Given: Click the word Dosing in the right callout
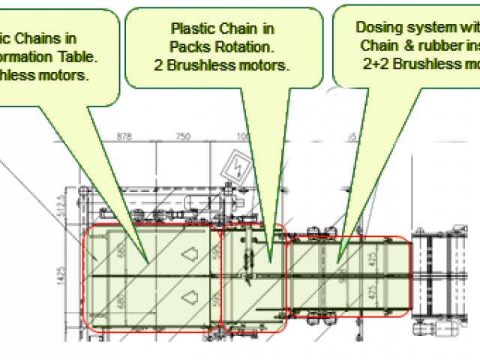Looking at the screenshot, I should (x=377, y=27).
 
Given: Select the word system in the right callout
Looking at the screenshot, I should (x=426, y=27).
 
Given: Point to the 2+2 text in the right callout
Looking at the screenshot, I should (x=376, y=64).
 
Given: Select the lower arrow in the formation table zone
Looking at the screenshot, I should (x=189, y=298).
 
